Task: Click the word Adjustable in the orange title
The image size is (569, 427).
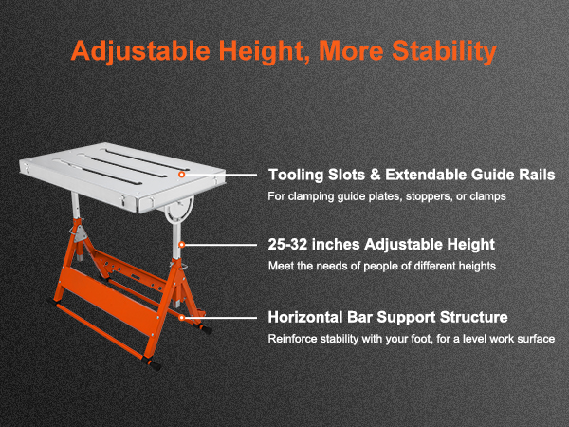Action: click(140, 51)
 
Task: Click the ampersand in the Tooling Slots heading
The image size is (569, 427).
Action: click(376, 175)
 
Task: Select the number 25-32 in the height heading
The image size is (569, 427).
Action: click(287, 245)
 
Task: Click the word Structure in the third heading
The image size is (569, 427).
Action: click(473, 317)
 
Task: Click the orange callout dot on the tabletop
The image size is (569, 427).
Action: click(182, 175)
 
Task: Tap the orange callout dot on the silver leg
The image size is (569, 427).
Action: click(182, 245)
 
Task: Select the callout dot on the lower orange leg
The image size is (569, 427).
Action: click(182, 318)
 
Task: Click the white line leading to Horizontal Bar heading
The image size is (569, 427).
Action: click(221, 318)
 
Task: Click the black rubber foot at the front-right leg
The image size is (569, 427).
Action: click(154, 365)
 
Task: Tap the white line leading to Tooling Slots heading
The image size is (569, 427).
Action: click(221, 175)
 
